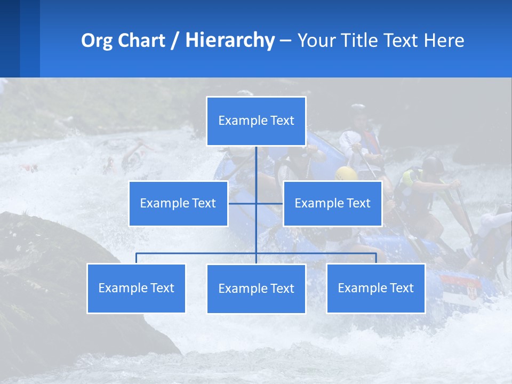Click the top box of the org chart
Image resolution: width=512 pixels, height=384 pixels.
point(256,121)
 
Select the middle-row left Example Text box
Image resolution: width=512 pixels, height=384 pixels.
point(178,203)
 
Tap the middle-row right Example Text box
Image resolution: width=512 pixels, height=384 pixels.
point(332,203)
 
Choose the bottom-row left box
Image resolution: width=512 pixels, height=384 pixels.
point(137,288)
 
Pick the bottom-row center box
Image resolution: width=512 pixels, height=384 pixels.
point(256,289)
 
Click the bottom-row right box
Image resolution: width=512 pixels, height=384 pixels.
point(375,288)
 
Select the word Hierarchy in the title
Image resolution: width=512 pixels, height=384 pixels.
point(230,41)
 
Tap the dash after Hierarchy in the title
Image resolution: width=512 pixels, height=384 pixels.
point(285,41)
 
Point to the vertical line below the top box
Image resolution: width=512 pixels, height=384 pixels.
point(256,165)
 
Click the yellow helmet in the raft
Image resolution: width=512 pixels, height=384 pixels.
point(346,173)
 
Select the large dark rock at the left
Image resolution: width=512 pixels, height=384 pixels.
point(59,277)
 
